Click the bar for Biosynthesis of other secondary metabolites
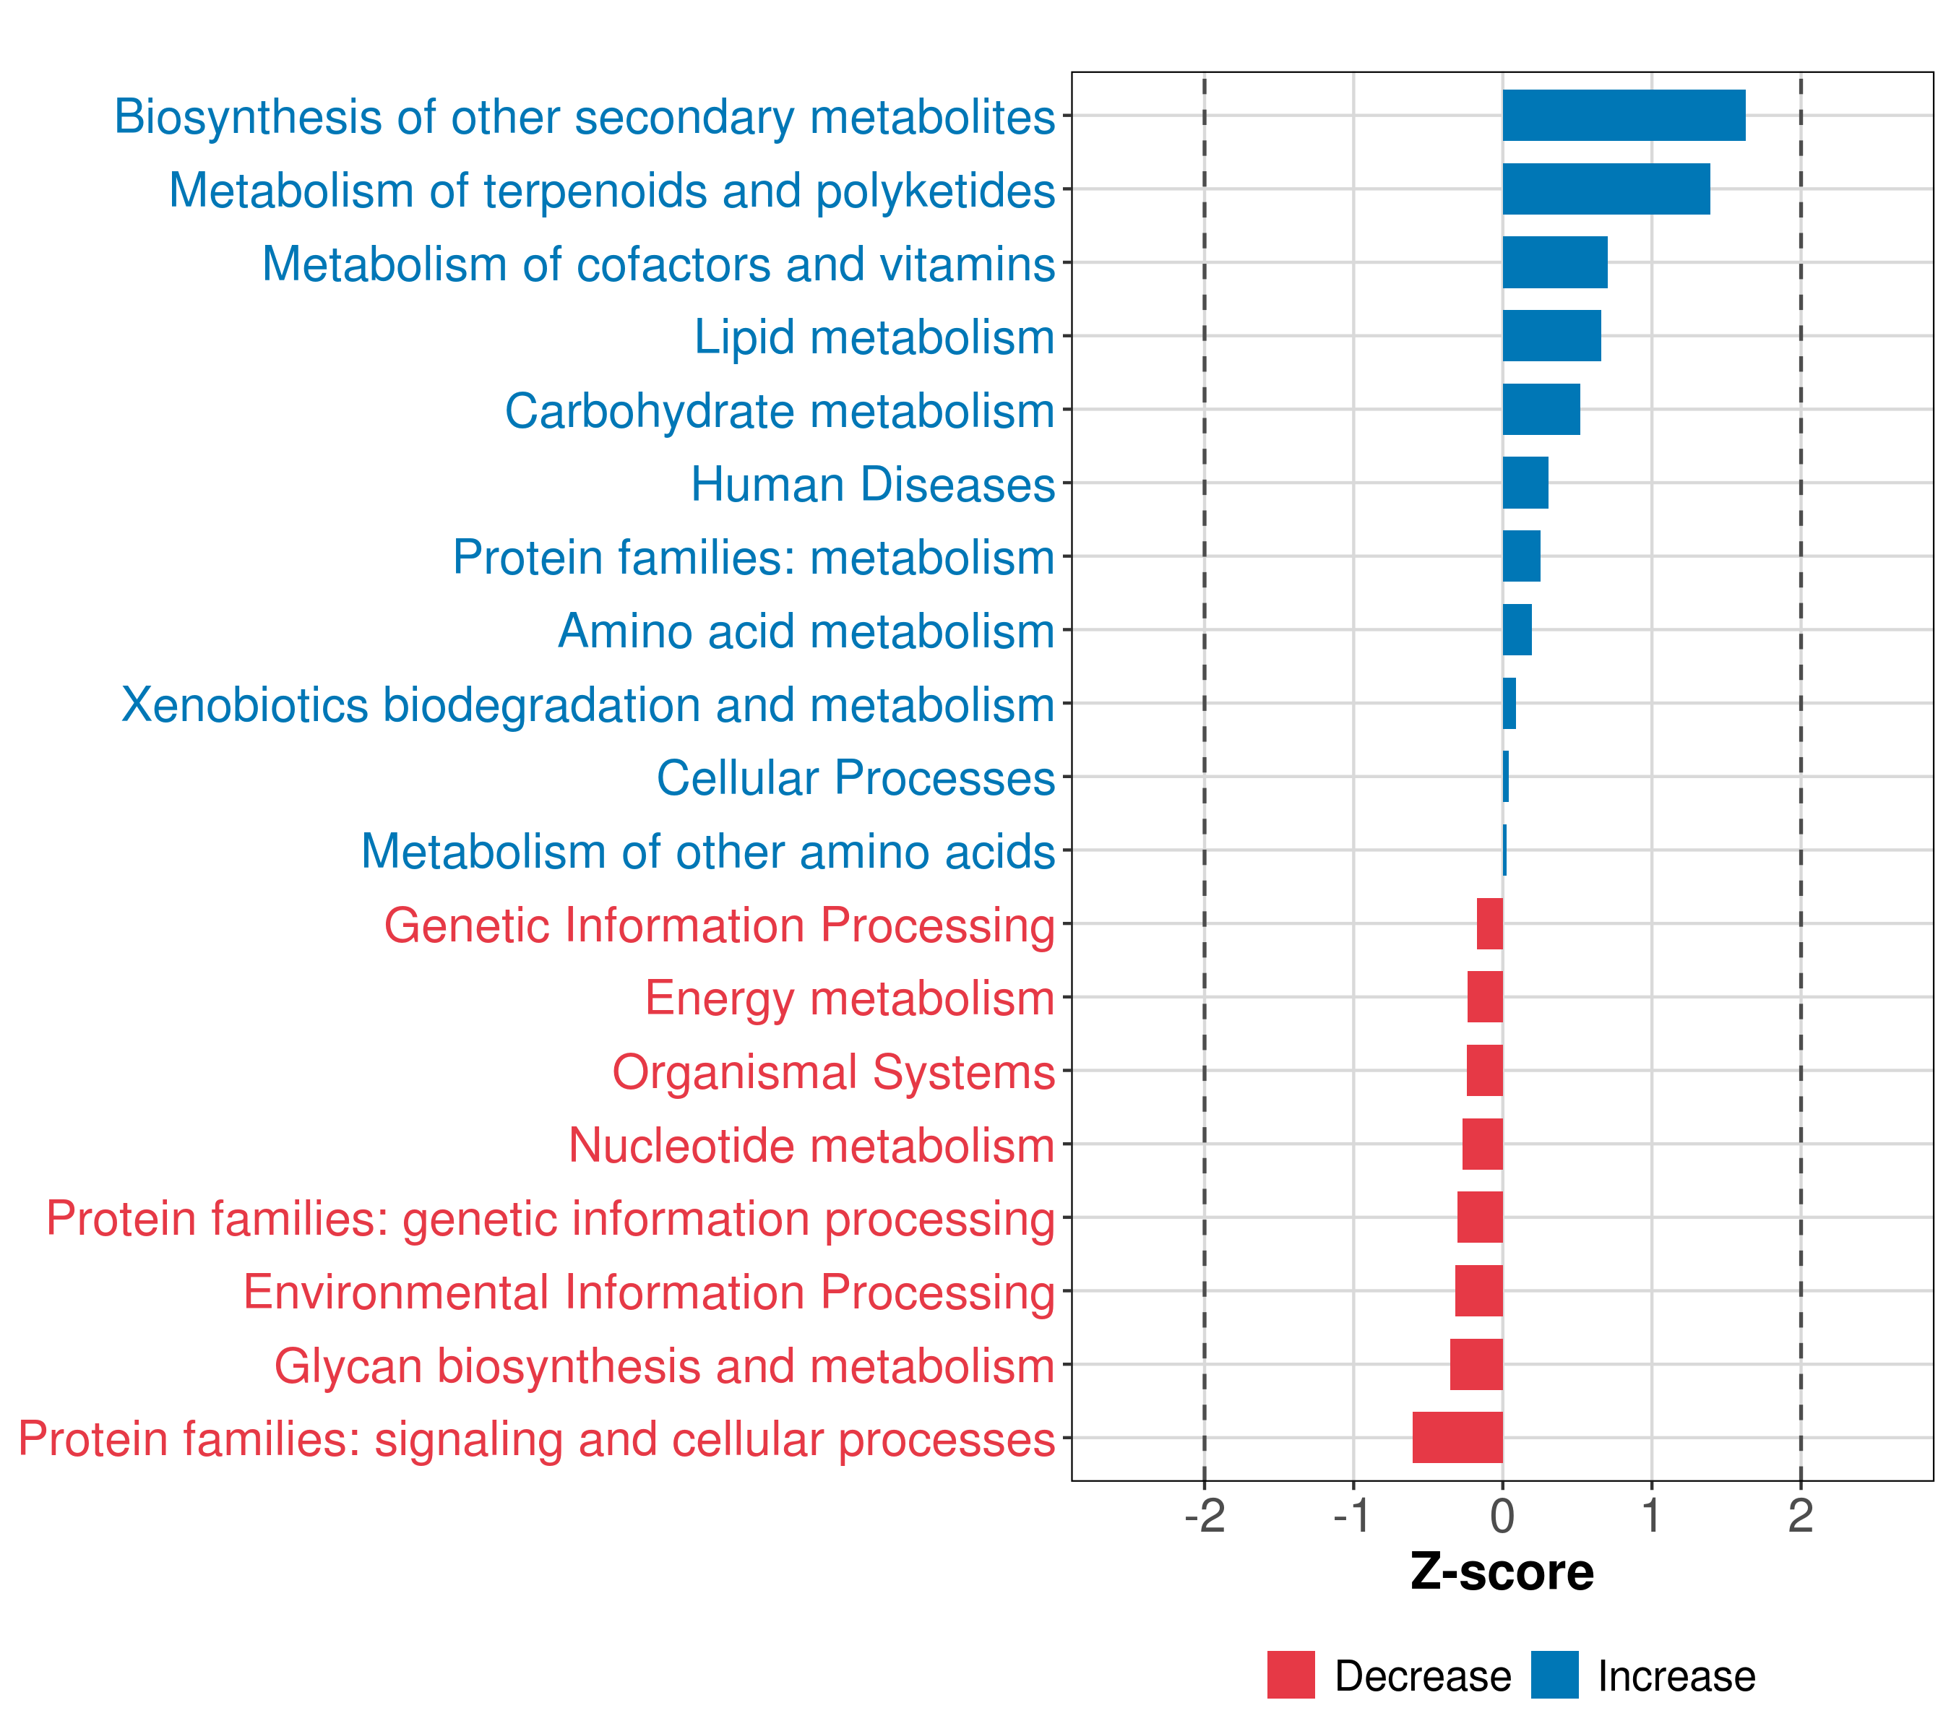click(1623, 116)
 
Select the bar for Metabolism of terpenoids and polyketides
click(1606, 189)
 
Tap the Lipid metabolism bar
click(1551, 336)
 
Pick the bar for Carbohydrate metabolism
click(1541, 410)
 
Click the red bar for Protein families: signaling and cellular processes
click(1457, 1437)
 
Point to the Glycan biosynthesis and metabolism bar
click(1476, 1364)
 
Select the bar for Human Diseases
click(1525, 483)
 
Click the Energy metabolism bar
click(1484, 996)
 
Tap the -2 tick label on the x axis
click(1205, 1516)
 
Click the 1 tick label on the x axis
click(1651, 1516)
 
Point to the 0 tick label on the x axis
click(1502, 1516)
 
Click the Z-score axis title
click(1502, 1571)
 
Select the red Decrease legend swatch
click(1291, 1675)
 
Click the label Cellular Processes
click(856, 777)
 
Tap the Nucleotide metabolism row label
click(811, 1145)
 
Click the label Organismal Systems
click(833, 1071)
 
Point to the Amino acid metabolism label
click(806, 631)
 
